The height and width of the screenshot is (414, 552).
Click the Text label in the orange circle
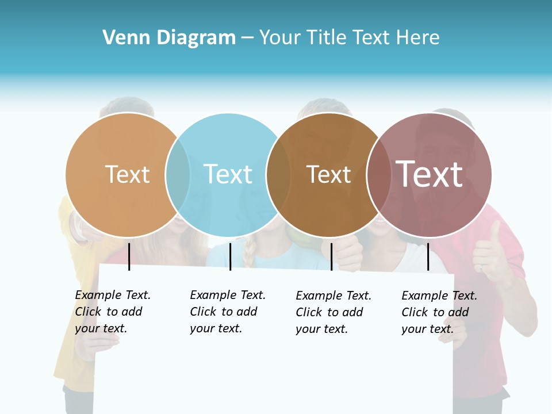pyautogui.click(x=127, y=174)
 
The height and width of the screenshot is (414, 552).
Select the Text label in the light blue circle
pyautogui.click(x=228, y=174)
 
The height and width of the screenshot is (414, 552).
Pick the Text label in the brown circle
pyautogui.click(x=328, y=174)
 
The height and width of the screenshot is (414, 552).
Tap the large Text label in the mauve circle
pyautogui.click(x=429, y=174)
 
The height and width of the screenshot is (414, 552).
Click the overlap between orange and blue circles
pyautogui.click(x=178, y=175)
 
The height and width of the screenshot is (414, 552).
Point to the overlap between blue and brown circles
pyautogui.click(x=278, y=175)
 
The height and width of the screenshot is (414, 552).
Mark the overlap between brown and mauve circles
pyautogui.click(x=378, y=175)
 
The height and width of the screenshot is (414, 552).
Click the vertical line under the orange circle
pyautogui.click(x=129, y=256)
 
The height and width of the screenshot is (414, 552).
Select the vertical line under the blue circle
pyautogui.click(x=230, y=256)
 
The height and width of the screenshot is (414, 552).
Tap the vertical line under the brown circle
pyautogui.click(x=331, y=256)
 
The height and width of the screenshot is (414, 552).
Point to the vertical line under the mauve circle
pyautogui.click(x=428, y=256)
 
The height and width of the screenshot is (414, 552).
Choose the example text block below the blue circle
pyautogui.click(x=227, y=312)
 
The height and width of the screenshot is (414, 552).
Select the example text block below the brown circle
pyautogui.click(x=333, y=312)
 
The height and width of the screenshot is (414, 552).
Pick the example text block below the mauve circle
pyautogui.click(x=439, y=312)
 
